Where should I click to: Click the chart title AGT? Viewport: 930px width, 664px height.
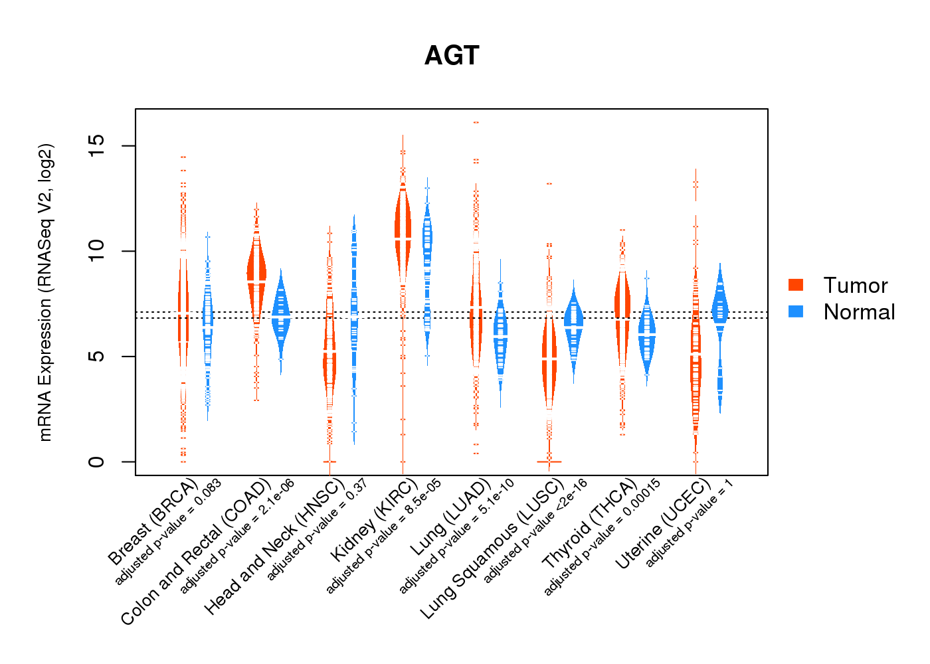[x=452, y=56]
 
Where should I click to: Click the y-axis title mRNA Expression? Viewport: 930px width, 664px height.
[x=45, y=292]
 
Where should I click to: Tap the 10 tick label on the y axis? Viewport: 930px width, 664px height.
[x=97, y=251]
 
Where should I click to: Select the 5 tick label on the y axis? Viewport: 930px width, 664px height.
[x=97, y=357]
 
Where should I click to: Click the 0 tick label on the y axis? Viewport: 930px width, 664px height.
[x=97, y=461]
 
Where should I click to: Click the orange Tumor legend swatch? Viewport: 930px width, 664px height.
[x=796, y=285]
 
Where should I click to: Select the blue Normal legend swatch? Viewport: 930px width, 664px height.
[x=796, y=311]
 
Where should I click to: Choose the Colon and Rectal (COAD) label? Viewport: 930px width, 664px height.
[x=196, y=551]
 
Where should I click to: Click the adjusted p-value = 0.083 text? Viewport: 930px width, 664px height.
[x=168, y=531]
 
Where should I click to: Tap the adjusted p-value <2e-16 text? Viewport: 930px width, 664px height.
[x=535, y=531]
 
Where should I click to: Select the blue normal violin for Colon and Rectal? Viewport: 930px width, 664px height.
[x=281, y=312]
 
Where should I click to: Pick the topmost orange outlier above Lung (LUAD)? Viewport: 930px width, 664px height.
[x=476, y=122]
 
